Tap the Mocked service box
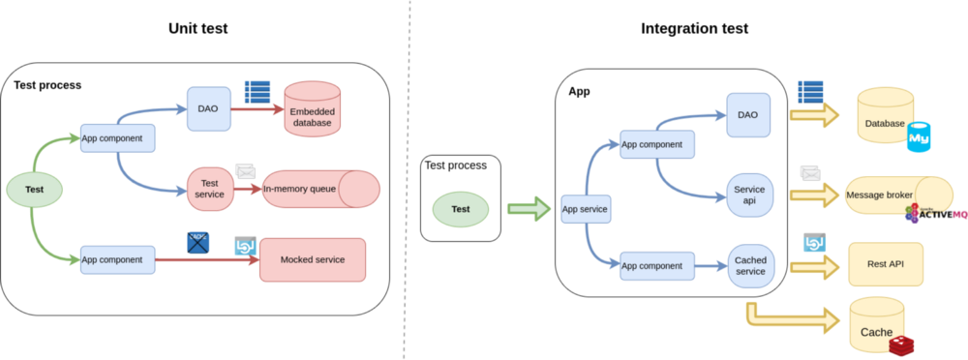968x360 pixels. pyautogui.click(x=312, y=259)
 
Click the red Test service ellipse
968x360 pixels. pyautogui.click(x=210, y=189)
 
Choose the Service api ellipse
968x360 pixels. pyautogui.click(x=749, y=189)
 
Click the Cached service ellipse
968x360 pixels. pyautogui.click(x=749, y=264)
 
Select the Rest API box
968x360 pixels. pyautogui.click(x=885, y=263)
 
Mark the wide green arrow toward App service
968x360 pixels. pyautogui.click(x=528, y=208)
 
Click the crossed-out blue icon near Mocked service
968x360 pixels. pyautogui.click(x=198, y=241)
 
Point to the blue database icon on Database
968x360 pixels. pyautogui.click(x=918, y=136)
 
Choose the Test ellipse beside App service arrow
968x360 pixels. pyautogui.click(x=461, y=208)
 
